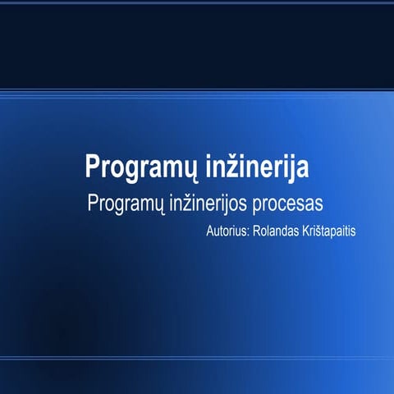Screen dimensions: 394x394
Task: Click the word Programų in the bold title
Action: [x=133, y=167]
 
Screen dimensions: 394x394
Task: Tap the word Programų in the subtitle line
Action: [x=126, y=204]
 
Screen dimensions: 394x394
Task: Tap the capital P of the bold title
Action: [x=92, y=166]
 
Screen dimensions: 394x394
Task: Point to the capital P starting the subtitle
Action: [x=93, y=203]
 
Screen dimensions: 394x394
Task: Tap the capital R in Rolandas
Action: [x=256, y=231]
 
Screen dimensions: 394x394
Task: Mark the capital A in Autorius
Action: [x=210, y=231]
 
